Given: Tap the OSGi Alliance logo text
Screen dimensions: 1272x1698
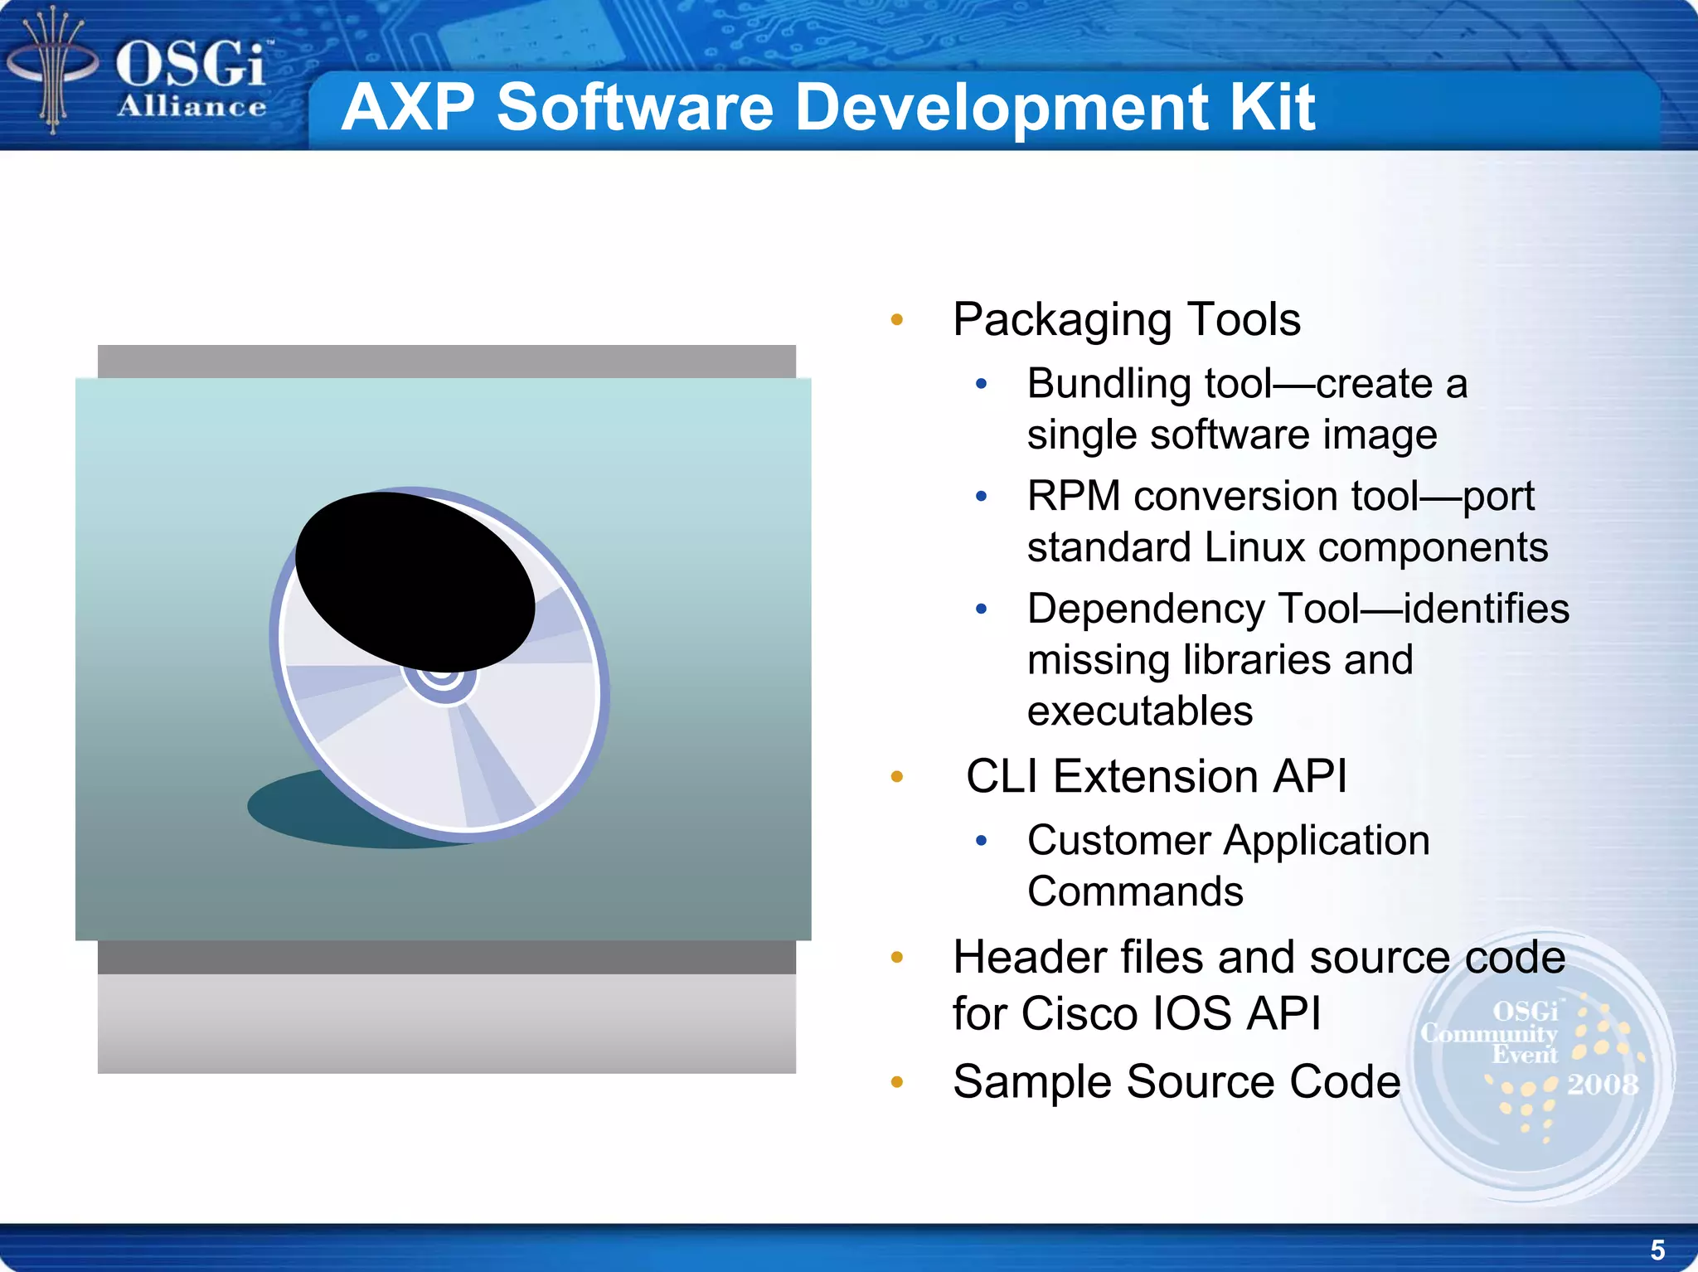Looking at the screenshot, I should [x=191, y=79].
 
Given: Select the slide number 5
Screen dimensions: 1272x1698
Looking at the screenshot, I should [x=1657, y=1250].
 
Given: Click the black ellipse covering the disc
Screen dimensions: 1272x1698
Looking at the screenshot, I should [x=415, y=580].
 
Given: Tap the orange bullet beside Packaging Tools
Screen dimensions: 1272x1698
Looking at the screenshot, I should [x=896, y=320].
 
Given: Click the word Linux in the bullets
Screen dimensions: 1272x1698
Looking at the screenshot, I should [x=1254, y=548].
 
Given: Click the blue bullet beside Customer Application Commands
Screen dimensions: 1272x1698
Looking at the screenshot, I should [x=982, y=842].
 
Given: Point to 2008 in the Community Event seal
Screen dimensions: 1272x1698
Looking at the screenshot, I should [x=1602, y=1085].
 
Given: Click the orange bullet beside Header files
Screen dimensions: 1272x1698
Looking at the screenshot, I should [x=896, y=959].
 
